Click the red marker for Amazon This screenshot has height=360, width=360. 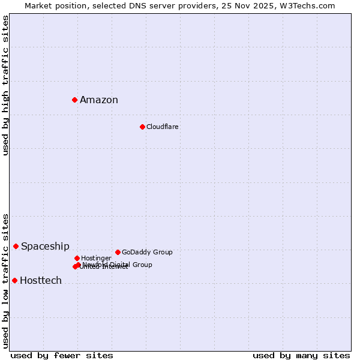(74, 100)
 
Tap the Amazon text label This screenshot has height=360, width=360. (99, 100)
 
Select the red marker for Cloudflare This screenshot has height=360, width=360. (142, 127)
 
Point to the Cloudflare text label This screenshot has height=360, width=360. (163, 127)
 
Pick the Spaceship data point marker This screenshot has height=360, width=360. (16, 246)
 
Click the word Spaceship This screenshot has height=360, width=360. (45, 247)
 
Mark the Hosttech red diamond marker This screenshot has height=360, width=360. (15, 280)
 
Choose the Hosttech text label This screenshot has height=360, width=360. (41, 281)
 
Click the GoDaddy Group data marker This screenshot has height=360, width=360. (118, 252)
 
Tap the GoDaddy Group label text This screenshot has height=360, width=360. (147, 253)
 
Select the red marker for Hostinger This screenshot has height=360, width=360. (77, 258)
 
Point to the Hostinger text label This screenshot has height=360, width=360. (96, 259)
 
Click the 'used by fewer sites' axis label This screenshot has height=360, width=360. (62, 356)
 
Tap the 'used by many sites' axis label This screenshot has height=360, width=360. (301, 356)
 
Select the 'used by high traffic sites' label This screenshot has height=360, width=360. (5, 85)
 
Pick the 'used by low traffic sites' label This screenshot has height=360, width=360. (5, 280)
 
